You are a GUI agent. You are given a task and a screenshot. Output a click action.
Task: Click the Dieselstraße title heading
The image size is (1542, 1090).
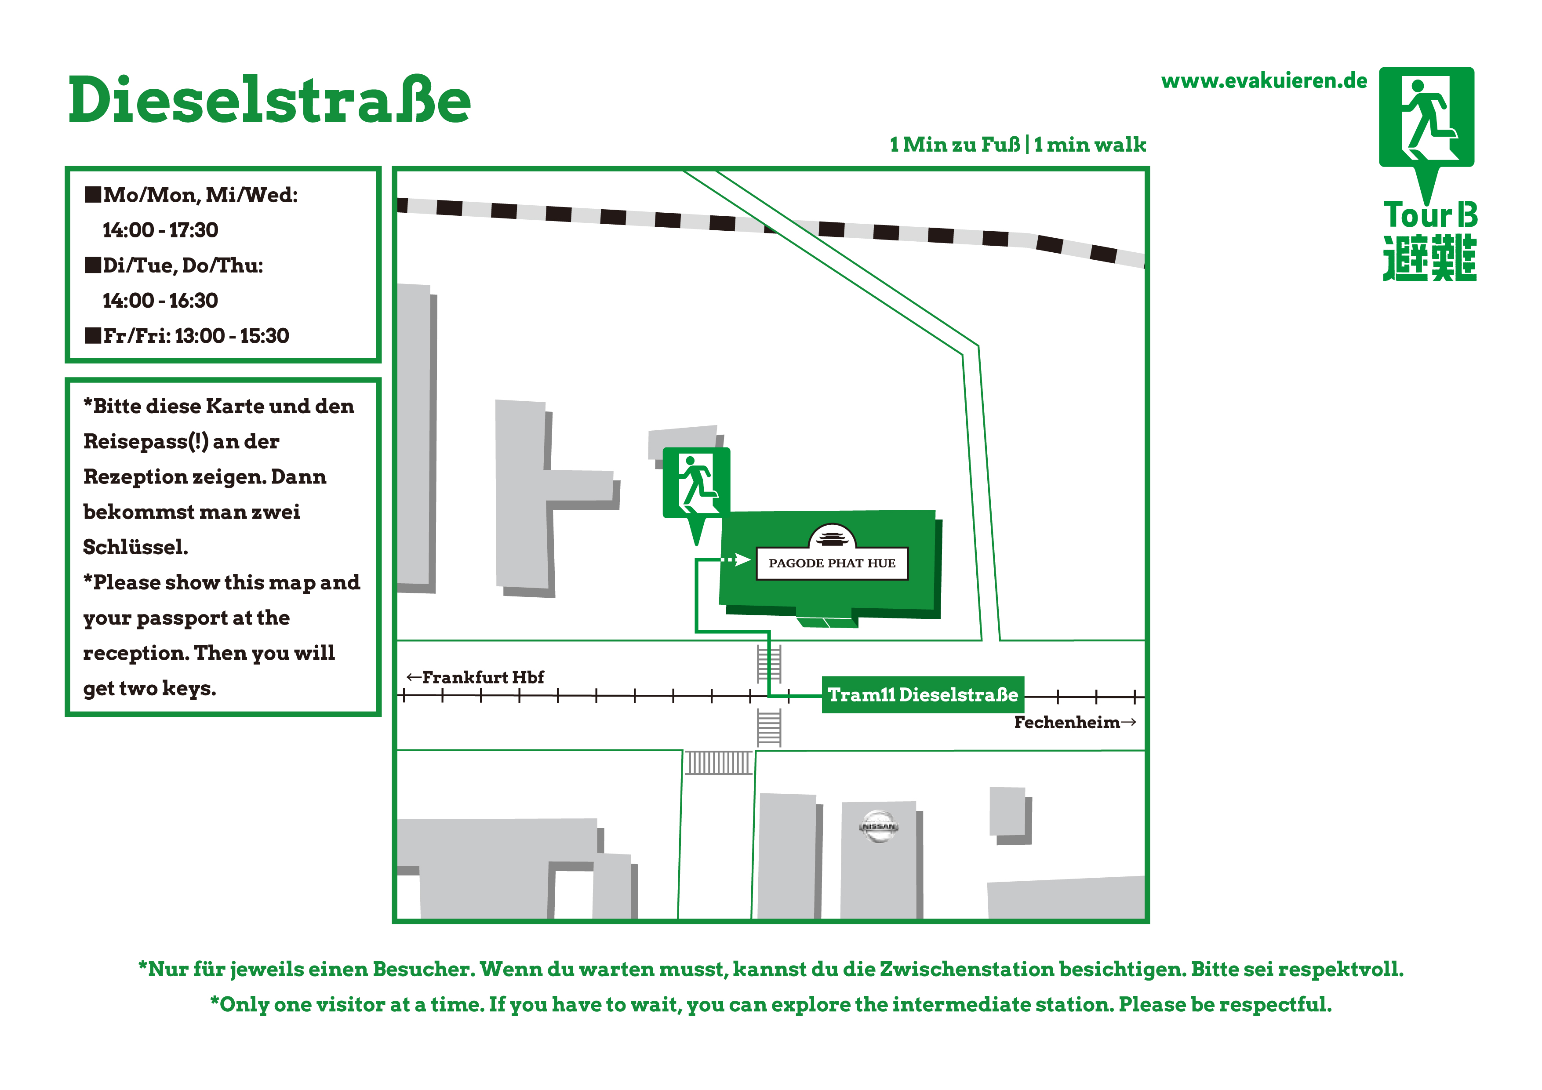(x=269, y=100)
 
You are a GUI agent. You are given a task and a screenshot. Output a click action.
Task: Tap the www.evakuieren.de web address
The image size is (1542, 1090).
(x=1264, y=81)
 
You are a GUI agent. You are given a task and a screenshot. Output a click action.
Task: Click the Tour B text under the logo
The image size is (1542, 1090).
(x=1430, y=215)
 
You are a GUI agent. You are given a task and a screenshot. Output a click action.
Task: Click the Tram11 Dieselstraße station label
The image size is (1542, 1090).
(x=923, y=694)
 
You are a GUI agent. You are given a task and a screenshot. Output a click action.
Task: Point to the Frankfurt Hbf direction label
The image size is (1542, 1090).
(x=476, y=677)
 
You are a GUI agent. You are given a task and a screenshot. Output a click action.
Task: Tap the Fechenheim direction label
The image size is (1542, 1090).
(x=1075, y=723)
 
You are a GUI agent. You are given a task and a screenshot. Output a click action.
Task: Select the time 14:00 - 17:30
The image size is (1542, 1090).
(x=160, y=230)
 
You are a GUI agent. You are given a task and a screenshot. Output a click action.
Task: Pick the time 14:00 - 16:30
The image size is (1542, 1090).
(x=160, y=300)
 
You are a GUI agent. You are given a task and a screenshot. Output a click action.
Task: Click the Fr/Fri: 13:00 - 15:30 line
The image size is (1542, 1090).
(x=187, y=336)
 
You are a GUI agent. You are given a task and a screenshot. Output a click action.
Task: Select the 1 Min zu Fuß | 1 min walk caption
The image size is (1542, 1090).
(x=1018, y=145)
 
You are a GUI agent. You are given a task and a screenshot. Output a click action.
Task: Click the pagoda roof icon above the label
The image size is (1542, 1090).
(x=833, y=537)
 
